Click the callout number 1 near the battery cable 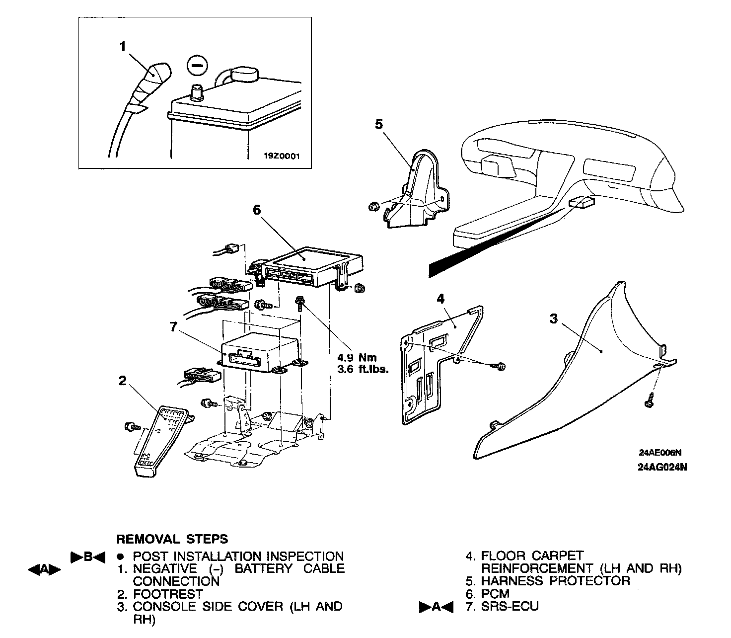(x=123, y=47)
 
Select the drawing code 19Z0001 (x=281, y=156)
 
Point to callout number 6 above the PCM (x=257, y=210)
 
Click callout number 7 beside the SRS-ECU (x=173, y=326)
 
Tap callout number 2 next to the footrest (x=123, y=381)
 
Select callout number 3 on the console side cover (x=554, y=319)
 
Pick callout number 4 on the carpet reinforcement (x=440, y=298)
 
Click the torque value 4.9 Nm (x=357, y=357)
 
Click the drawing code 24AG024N (x=662, y=467)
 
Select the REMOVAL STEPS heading (x=172, y=539)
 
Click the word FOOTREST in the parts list (x=168, y=594)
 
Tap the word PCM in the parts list (x=495, y=594)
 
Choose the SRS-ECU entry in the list (x=510, y=607)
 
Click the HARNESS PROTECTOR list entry (x=555, y=581)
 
